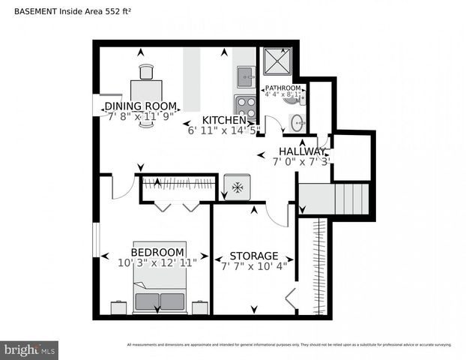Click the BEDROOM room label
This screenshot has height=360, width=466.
157,252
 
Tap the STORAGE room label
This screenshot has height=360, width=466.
254,256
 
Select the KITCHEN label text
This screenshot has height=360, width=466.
224,120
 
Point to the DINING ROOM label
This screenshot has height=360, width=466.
140,106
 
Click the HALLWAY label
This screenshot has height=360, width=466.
303,151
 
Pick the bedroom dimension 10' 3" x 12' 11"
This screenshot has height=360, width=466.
157,263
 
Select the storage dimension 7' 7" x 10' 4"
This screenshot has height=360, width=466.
254,266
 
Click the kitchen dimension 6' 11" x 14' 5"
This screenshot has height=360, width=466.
224,130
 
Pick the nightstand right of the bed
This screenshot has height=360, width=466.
200,307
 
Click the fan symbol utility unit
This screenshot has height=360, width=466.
237,187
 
